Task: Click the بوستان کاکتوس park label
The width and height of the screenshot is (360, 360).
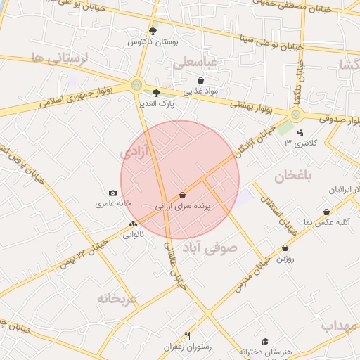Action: (x=153, y=42)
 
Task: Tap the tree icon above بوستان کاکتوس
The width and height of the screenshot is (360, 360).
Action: (x=154, y=31)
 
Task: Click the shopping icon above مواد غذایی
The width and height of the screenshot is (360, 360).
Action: (x=201, y=80)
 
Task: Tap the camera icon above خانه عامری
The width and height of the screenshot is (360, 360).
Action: (x=112, y=193)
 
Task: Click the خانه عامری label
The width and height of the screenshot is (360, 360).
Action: (x=114, y=203)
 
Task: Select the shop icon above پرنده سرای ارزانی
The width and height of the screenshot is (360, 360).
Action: (x=183, y=195)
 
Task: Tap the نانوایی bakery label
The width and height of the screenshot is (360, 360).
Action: (x=134, y=235)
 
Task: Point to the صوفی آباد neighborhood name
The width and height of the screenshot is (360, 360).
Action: (x=211, y=248)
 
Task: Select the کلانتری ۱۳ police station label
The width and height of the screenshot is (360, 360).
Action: (x=301, y=143)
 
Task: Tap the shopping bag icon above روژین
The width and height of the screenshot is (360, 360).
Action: (x=285, y=248)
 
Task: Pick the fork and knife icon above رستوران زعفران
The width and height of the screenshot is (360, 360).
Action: (x=187, y=335)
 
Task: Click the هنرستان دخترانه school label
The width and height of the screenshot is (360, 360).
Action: (x=265, y=351)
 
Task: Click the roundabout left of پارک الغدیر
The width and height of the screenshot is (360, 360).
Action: (x=136, y=86)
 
